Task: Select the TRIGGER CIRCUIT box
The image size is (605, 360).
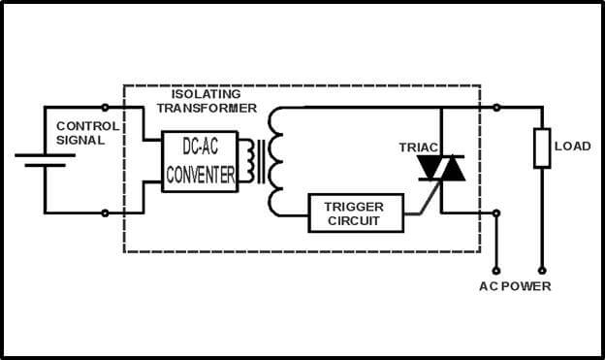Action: point(353,213)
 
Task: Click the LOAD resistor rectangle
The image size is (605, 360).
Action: point(541,147)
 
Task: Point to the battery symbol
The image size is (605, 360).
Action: point(45,159)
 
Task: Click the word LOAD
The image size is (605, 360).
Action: point(572,147)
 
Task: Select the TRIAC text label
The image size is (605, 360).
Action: point(419,147)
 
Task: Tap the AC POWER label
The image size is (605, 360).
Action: point(515,286)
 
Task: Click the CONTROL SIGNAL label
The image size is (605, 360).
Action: point(87,133)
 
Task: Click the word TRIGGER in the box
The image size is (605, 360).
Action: point(354,207)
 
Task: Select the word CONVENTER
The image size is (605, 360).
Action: point(200,176)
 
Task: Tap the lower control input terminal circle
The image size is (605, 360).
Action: point(105,213)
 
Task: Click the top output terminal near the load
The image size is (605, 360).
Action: point(496,107)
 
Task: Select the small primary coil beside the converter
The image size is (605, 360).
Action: point(254,161)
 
